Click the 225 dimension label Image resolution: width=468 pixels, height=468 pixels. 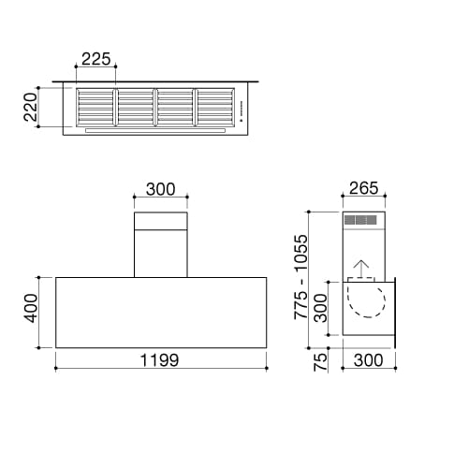[x=96, y=59]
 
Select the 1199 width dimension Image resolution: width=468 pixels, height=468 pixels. [x=160, y=359]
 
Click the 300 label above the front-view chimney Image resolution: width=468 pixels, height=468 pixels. [x=161, y=189]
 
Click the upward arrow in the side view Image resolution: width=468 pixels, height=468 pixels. [x=359, y=270]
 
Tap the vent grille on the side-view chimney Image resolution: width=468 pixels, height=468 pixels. [x=360, y=221]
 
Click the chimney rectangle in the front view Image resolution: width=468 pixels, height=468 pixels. [x=161, y=245]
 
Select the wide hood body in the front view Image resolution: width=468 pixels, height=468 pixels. [x=161, y=311]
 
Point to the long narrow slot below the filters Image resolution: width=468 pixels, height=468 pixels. [x=155, y=130]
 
